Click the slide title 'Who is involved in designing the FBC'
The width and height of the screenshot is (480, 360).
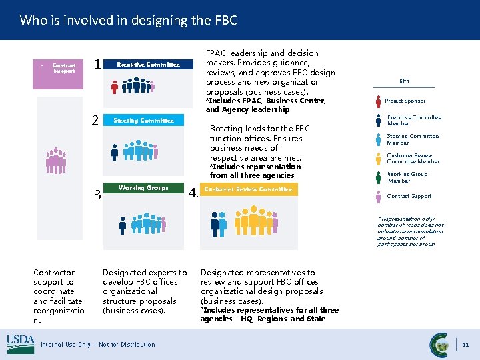pos(128,20)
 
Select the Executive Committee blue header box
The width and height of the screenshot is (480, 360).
pos(148,65)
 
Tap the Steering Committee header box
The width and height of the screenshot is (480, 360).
pos(143,121)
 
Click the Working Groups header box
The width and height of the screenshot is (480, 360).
pos(143,188)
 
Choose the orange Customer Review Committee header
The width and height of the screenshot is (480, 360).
pos(248,189)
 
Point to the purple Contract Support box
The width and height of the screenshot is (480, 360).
pos(63,68)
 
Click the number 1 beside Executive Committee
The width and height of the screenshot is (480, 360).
pos(98,65)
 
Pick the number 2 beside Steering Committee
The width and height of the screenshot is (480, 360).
pos(95,121)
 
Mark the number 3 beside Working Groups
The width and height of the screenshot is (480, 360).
pos(97,195)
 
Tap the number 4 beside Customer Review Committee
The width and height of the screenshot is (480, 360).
pos(193,193)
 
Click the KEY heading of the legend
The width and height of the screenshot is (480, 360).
pos(405,81)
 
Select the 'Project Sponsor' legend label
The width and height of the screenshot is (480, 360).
pos(405,101)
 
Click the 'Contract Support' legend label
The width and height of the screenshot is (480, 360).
pos(409,197)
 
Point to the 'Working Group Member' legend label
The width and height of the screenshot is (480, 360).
pos(407,177)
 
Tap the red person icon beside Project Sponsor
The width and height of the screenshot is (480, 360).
pos(378,101)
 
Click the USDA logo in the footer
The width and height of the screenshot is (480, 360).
pos(20,344)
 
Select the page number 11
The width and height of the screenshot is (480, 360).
pos(466,345)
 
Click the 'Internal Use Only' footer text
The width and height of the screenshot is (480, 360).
pos(97,345)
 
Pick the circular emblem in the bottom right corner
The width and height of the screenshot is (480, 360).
pos(439,344)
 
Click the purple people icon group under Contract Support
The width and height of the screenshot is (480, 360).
pos(56,160)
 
